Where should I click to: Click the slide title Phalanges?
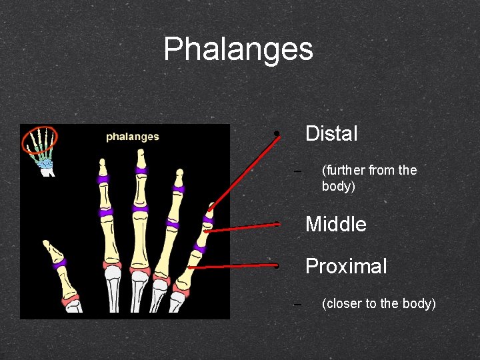238,49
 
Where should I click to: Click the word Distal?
331,134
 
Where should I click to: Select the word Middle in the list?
335,224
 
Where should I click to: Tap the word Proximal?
345,267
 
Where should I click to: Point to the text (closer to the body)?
378,304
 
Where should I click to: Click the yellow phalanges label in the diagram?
133,137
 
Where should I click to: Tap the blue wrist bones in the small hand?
45,162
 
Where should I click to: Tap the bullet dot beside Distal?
275,134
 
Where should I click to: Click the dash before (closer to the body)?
297,304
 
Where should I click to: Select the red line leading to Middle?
240,227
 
